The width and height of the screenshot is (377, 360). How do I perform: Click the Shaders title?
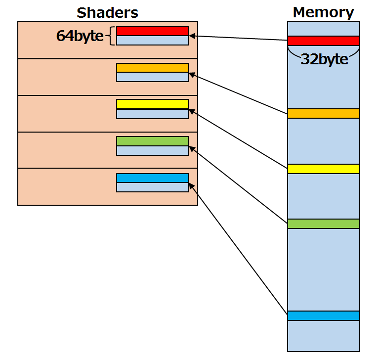pos(107,12)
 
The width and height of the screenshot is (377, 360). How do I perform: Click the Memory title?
pos(323,12)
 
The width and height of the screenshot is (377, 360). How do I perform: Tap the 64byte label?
pos(80,37)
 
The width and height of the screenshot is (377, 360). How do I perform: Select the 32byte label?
pos(324,59)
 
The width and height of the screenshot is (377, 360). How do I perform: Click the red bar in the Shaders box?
pos(152,31)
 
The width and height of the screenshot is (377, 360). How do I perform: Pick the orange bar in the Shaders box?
pos(152,68)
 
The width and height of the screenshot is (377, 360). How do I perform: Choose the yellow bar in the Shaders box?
pos(152,104)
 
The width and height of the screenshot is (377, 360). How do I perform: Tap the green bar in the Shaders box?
pos(152,141)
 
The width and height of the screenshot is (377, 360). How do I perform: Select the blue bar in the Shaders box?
pos(152,178)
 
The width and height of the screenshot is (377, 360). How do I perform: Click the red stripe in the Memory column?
pos(323,41)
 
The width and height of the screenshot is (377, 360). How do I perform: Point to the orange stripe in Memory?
pos(323,113)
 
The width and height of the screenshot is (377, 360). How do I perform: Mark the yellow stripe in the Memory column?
pos(323,169)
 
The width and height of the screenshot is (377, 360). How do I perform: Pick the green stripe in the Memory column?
pos(323,224)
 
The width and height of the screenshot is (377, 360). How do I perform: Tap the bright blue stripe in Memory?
pos(323,315)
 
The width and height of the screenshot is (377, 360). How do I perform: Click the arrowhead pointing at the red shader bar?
pos(192,36)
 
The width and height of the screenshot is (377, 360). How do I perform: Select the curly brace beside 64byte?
pos(112,36)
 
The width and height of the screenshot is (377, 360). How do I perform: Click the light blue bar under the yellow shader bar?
pos(152,114)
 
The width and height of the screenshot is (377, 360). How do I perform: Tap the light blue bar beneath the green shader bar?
pos(152,150)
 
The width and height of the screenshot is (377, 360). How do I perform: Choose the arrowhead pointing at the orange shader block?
pos(192,75)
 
